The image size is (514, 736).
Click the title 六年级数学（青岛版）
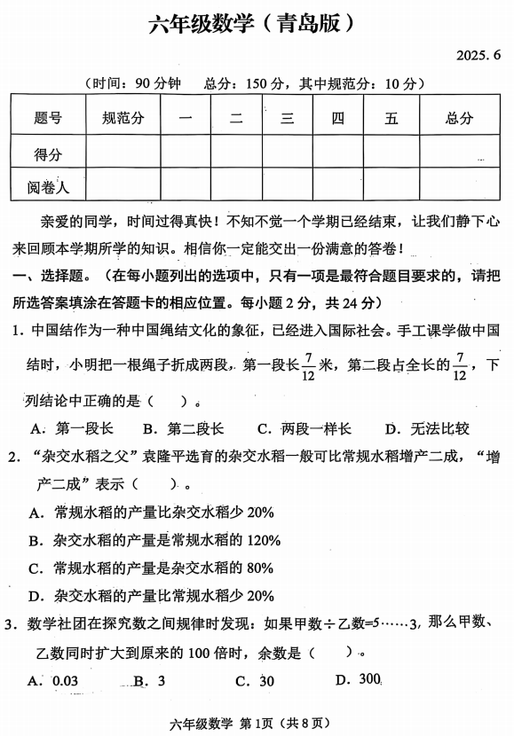(257, 22)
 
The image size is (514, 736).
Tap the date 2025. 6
(479, 55)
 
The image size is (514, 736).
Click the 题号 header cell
(48, 118)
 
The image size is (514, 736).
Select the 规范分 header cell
(123, 118)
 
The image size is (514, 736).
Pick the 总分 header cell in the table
(459, 118)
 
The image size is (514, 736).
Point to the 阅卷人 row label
(48, 187)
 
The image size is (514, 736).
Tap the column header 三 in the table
(287, 118)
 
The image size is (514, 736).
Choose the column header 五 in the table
(391, 118)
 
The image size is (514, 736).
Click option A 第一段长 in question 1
(73, 429)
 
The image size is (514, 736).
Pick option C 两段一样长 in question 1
(304, 429)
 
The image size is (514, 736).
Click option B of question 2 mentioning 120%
(155, 540)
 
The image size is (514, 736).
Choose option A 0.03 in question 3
(55, 680)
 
